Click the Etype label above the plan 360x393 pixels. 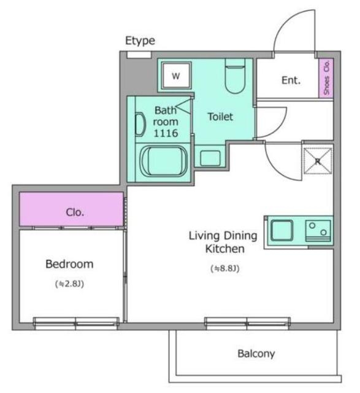click(x=140, y=41)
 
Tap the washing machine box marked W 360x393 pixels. click(x=176, y=75)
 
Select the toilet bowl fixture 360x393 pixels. click(x=235, y=76)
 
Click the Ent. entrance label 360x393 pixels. click(x=291, y=80)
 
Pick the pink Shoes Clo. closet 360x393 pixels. click(x=326, y=78)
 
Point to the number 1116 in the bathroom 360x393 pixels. click(x=166, y=133)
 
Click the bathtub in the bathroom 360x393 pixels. click(x=164, y=161)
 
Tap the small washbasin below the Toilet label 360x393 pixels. click(x=210, y=158)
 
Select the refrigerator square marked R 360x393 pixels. click(x=318, y=161)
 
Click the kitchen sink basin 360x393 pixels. click(x=282, y=230)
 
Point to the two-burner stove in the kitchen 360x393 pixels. click(x=318, y=231)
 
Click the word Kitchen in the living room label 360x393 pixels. click(x=225, y=249)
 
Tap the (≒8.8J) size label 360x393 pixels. click(x=225, y=268)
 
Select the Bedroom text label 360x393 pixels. click(x=69, y=264)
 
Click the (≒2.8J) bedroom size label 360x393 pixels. click(x=69, y=284)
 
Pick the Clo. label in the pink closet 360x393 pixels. click(x=75, y=212)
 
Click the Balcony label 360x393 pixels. click(x=256, y=354)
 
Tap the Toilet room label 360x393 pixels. click(x=220, y=117)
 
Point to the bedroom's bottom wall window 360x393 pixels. click(x=77, y=323)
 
